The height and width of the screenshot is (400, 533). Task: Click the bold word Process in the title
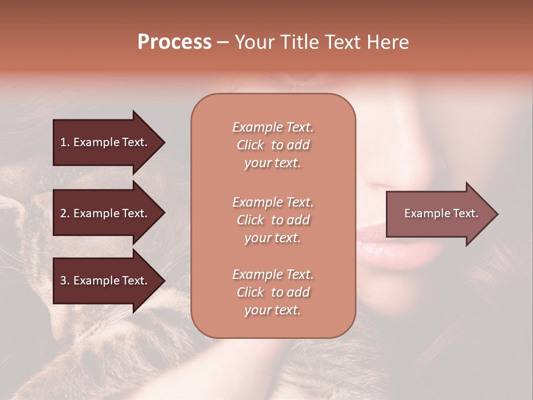pos(174,42)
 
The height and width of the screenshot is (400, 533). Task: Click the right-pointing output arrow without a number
pos(439,214)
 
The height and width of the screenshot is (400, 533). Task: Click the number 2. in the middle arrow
pos(65,213)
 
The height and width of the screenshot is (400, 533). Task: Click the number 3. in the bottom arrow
pos(65,281)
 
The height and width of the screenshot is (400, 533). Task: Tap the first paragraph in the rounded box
pos(273,145)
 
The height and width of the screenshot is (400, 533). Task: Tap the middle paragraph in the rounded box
pos(273,220)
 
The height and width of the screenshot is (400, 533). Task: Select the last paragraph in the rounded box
pos(273,292)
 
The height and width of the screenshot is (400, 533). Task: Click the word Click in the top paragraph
pos(250,145)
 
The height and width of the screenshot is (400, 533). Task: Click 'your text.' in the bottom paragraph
pos(273,310)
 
